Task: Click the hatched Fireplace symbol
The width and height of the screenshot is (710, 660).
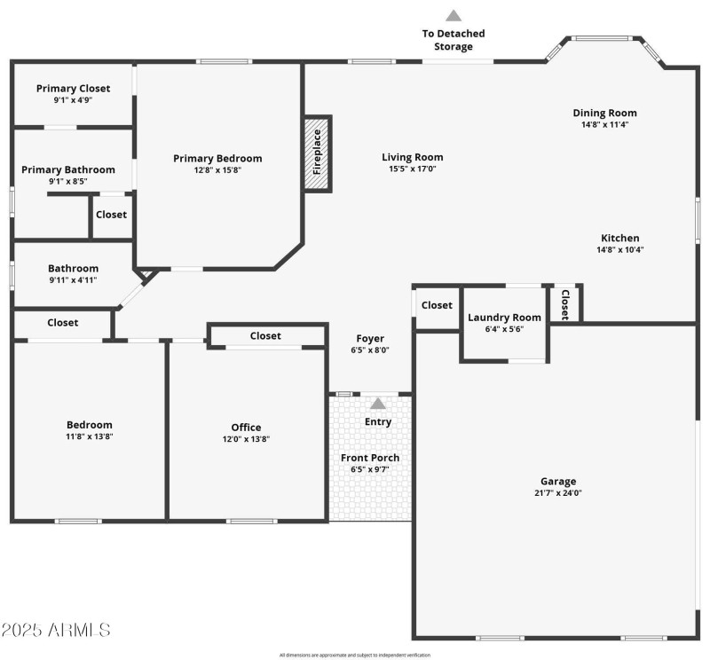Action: [x=317, y=153]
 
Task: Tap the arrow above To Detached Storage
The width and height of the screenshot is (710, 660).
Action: [x=454, y=15]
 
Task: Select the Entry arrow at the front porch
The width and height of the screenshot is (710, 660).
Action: [x=378, y=404]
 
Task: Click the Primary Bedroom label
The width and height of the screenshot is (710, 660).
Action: [x=217, y=158]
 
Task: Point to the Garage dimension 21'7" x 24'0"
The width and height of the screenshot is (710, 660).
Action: [x=559, y=493]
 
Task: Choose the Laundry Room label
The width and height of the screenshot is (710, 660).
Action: [x=504, y=318]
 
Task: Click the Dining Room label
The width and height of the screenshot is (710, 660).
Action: [x=604, y=113]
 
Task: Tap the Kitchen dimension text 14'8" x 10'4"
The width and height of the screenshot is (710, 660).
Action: [x=620, y=249]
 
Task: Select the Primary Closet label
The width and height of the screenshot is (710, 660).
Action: [x=73, y=88]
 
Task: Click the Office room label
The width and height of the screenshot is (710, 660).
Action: [x=246, y=427]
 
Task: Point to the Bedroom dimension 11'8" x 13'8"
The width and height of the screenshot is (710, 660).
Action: [x=89, y=436]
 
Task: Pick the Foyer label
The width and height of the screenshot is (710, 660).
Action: [x=370, y=338]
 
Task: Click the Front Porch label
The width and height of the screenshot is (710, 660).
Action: [x=370, y=458]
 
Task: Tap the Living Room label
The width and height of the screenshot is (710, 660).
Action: [x=412, y=157]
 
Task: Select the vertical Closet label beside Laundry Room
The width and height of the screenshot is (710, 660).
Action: [x=564, y=304]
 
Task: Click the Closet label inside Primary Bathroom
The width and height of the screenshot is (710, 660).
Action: [x=111, y=215]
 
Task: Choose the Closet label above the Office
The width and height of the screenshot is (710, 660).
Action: [x=265, y=336]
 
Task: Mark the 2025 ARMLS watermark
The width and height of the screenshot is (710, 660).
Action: [x=56, y=630]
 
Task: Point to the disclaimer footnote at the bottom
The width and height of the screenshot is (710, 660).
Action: [x=355, y=655]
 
